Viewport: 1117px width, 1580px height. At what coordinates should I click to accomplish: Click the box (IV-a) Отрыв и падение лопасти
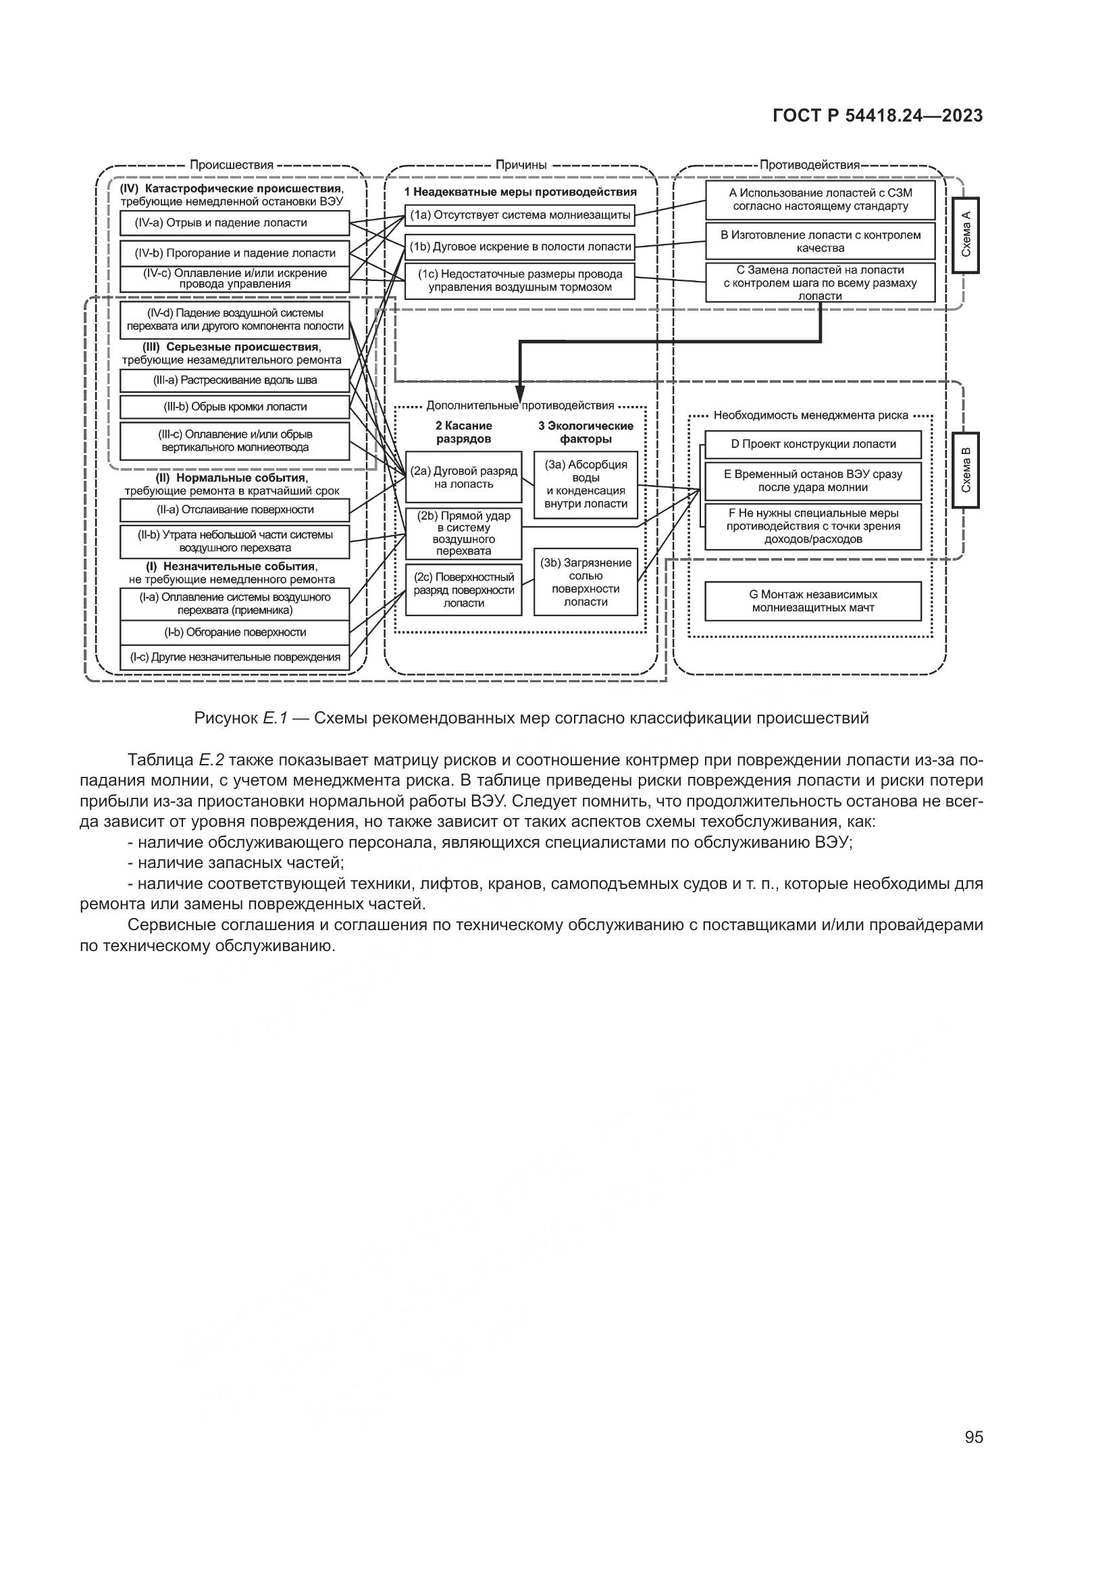(234, 223)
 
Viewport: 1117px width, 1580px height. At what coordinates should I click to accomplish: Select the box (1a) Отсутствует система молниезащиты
(519, 215)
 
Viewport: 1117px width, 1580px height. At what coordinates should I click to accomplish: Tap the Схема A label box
(966, 235)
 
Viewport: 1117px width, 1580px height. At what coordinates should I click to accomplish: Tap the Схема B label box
(966, 470)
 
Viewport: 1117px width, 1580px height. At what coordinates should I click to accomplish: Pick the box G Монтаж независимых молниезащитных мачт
(813, 601)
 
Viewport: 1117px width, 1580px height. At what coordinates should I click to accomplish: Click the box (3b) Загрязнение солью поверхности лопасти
(586, 582)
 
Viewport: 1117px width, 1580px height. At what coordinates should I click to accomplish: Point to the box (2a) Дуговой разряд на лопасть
(463, 478)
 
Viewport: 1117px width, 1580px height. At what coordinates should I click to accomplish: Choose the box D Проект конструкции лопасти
(813, 444)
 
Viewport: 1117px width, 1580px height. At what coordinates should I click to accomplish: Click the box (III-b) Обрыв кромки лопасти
(234, 407)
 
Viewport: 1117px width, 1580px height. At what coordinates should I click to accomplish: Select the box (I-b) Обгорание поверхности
(234, 632)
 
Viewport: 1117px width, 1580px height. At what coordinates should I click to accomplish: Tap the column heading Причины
(521, 165)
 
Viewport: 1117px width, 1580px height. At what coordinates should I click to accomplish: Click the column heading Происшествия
(232, 165)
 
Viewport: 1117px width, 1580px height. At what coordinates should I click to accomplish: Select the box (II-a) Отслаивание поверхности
(234, 510)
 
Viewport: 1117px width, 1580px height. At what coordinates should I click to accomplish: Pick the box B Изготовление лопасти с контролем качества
(820, 242)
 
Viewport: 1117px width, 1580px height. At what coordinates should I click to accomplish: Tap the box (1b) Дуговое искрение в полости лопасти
(519, 247)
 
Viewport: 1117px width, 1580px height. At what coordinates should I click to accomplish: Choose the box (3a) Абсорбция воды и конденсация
(586, 484)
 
